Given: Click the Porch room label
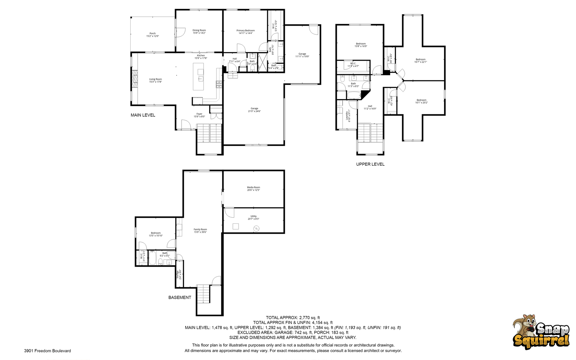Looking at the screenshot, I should (153, 35).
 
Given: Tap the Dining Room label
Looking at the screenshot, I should (199, 32).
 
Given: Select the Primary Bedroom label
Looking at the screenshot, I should (246, 32).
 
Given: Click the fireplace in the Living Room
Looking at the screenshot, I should (135, 79).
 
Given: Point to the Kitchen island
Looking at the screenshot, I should (198, 77).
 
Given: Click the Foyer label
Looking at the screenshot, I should (199, 115).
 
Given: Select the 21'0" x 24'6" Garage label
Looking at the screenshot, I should (254, 110).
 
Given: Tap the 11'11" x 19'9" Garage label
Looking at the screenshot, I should (302, 55).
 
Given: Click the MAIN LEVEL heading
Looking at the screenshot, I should (143, 115).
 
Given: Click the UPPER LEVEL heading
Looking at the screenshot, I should (370, 164).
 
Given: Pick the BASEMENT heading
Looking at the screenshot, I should (180, 297).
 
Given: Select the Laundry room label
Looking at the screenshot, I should (348, 116).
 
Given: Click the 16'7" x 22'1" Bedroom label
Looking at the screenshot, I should (420, 61).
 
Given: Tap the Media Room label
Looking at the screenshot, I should (254, 189).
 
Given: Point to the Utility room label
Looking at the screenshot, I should (254, 218).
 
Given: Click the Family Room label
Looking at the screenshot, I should (200, 231).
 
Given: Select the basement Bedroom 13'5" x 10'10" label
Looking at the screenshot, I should (156, 234).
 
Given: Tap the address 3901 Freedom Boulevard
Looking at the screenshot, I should (47, 351).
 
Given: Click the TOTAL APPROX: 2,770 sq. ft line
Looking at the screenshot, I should (293, 318).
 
